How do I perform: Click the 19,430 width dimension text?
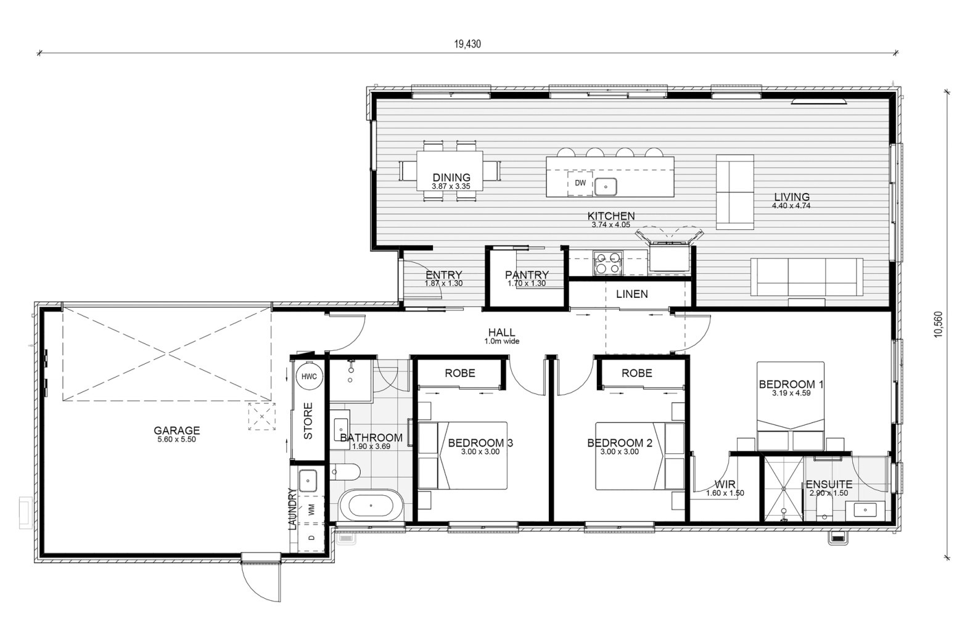[467, 44]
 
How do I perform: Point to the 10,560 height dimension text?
[938, 324]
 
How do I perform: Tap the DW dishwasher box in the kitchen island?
[580, 183]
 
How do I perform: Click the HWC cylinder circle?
[309, 377]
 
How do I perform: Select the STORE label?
[308, 421]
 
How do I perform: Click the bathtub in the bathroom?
[371, 506]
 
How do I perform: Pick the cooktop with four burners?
[607, 263]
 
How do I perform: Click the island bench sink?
[606, 187]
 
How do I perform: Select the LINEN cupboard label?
[631, 294]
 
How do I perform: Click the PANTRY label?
[527, 274]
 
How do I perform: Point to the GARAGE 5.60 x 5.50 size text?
[176, 439]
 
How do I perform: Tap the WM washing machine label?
[311, 510]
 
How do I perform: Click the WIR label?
[725, 484]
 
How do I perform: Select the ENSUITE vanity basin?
[865, 510]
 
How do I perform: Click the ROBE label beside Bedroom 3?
[460, 373]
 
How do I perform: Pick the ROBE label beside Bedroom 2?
[637, 373]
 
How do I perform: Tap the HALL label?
[501, 332]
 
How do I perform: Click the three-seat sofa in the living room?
[807, 277]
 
